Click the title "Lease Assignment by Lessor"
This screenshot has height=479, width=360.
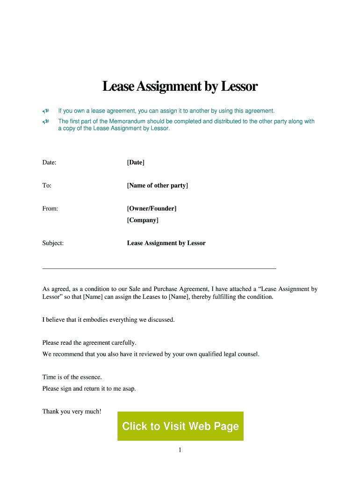tap(180, 87)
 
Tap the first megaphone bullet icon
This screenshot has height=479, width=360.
tap(46, 111)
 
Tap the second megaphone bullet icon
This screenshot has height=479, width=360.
tap(46, 122)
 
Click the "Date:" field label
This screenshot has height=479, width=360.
tap(49, 162)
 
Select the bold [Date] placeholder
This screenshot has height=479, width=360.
tap(136, 162)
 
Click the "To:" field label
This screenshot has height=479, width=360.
tap(47, 186)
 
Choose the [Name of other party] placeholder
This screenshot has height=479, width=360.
tap(157, 186)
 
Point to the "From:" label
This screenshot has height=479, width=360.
tap(50, 209)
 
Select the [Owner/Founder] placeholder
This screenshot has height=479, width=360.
tap(151, 209)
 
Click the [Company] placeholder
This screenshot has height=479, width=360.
tap(143, 220)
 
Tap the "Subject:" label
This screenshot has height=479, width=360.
tap(53, 243)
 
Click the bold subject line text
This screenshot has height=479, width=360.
tap(166, 243)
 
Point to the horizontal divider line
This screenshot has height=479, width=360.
tap(159, 269)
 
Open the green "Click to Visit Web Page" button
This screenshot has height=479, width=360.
tap(180, 426)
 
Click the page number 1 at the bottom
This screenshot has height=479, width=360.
tap(180, 450)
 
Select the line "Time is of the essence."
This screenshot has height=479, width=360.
tap(72, 377)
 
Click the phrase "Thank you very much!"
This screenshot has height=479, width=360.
tap(72, 412)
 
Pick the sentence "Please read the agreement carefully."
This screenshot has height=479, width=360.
tap(89, 343)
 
